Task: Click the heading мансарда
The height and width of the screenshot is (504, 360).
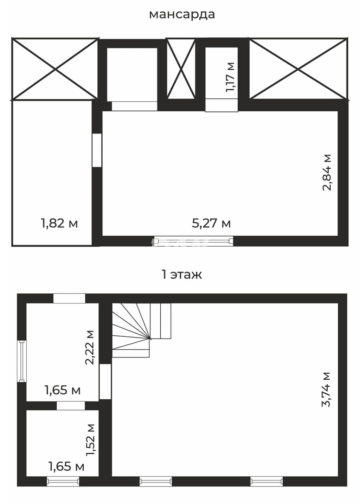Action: click(182, 15)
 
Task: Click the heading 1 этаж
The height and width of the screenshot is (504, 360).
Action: click(182, 275)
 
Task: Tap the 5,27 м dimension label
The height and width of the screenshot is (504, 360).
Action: click(211, 223)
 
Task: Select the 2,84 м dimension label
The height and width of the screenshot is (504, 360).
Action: click(327, 172)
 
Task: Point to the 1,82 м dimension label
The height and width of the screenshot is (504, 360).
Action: click(59, 223)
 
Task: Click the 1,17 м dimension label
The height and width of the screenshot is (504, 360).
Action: click(230, 77)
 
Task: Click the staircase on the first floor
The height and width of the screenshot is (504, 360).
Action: click(141, 330)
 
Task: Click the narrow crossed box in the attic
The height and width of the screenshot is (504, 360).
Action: click(181, 69)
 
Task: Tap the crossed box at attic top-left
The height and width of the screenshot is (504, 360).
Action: click(55, 69)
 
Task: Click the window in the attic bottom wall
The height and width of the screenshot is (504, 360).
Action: click(193, 241)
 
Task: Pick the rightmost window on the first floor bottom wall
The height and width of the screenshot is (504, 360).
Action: click(266, 481)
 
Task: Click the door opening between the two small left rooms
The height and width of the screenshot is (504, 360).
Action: click(71, 406)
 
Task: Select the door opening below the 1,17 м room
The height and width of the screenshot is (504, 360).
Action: click(221, 105)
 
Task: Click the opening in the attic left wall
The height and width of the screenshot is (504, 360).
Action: click(97, 150)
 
